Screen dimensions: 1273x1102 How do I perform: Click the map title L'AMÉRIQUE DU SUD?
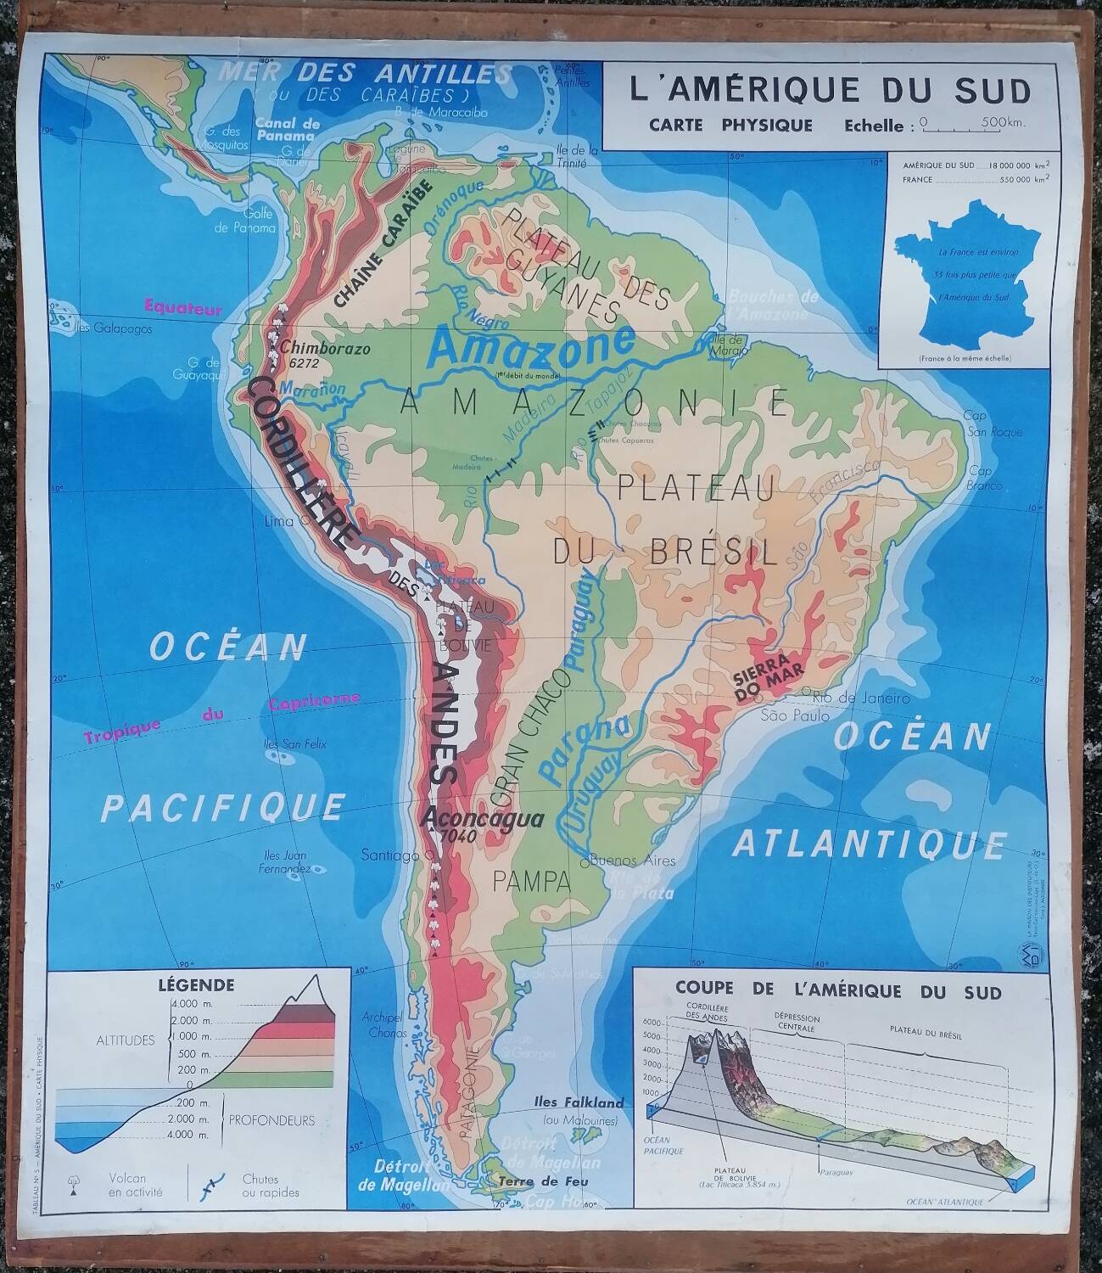point(830,90)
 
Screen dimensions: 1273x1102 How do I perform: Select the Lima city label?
point(278,521)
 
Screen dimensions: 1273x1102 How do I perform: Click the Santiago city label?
point(390,855)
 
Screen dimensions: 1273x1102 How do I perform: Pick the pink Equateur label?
point(182,308)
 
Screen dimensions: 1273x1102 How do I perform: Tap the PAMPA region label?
point(532,881)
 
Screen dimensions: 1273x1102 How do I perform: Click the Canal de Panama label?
point(288,128)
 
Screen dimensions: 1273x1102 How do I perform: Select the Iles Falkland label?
point(579,1103)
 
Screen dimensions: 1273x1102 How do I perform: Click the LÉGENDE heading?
point(195,985)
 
